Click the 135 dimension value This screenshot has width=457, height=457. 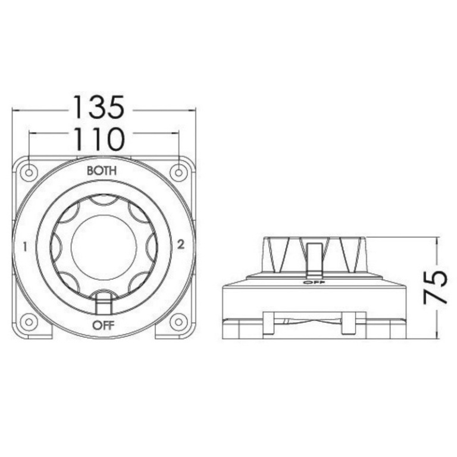point(99,107)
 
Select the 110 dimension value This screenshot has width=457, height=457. point(99,139)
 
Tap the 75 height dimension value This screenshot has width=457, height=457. point(434,287)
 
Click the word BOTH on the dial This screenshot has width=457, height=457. point(102,171)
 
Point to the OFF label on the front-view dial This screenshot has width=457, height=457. point(103,325)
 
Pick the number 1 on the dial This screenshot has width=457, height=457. point(26,247)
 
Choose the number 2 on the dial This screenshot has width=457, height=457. point(181,245)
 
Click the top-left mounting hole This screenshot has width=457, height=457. point(29,173)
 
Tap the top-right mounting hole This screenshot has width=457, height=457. point(179,173)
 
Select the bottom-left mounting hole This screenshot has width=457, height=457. point(29,322)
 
